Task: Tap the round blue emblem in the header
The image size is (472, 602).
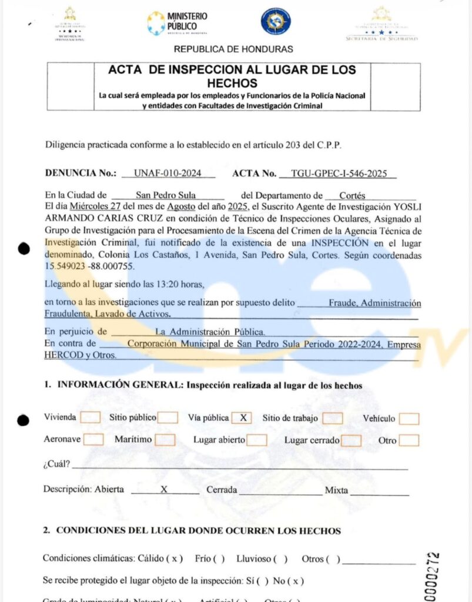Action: click(x=275, y=22)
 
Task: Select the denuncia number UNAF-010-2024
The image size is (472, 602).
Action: click(x=168, y=173)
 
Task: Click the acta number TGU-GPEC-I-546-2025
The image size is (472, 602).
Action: click(x=339, y=173)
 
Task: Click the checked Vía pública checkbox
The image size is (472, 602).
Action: click(x=242, y=418)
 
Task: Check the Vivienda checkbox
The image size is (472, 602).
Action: click(x=90, y=417)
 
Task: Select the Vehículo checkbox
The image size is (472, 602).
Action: click(x=409, y=419)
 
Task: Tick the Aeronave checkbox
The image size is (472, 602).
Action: click(x=93, y=439)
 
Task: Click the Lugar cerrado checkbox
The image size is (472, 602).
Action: click(x=352, y=440)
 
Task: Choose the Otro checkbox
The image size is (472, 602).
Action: click(x=409, y=440)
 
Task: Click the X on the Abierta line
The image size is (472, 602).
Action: click(x=165, y=490)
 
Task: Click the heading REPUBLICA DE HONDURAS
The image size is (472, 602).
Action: click(x=233, y=49)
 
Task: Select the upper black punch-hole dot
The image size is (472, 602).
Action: click(x=24, y=249)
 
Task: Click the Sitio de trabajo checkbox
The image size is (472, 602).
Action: click(x=333, y=418)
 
